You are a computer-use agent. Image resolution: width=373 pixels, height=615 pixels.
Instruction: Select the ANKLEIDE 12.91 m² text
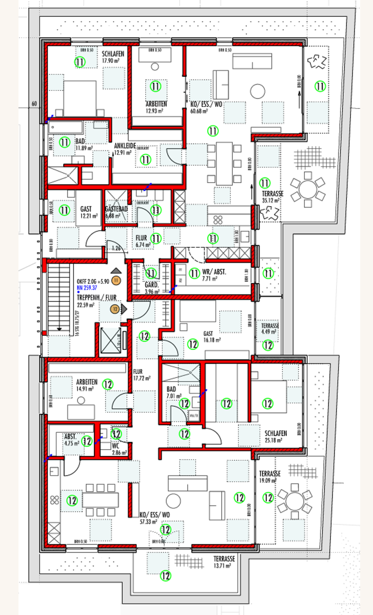coord(125,149)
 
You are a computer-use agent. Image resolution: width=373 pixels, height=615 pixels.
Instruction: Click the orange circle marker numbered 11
coord(116,280)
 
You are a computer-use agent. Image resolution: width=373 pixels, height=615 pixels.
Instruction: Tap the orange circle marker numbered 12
coord(115,308)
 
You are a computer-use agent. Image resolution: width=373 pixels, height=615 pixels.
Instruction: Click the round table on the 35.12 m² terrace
coord(307,188)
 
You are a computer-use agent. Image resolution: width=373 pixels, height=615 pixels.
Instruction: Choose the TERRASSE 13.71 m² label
coord(224,562)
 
